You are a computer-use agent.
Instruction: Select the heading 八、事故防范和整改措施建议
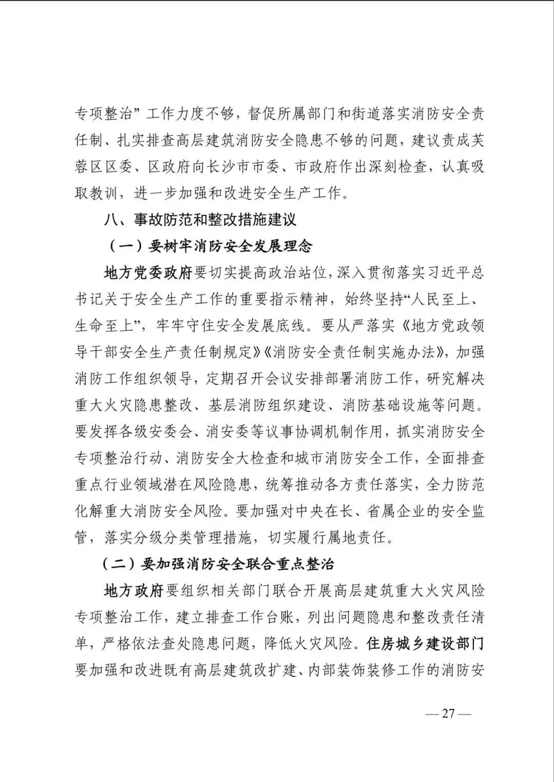coord(200,220)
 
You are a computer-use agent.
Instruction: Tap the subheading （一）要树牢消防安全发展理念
coord(210,246)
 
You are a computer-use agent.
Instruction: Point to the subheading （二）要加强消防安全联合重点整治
coord(219,564)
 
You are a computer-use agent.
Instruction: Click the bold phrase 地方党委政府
coord(148,273)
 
